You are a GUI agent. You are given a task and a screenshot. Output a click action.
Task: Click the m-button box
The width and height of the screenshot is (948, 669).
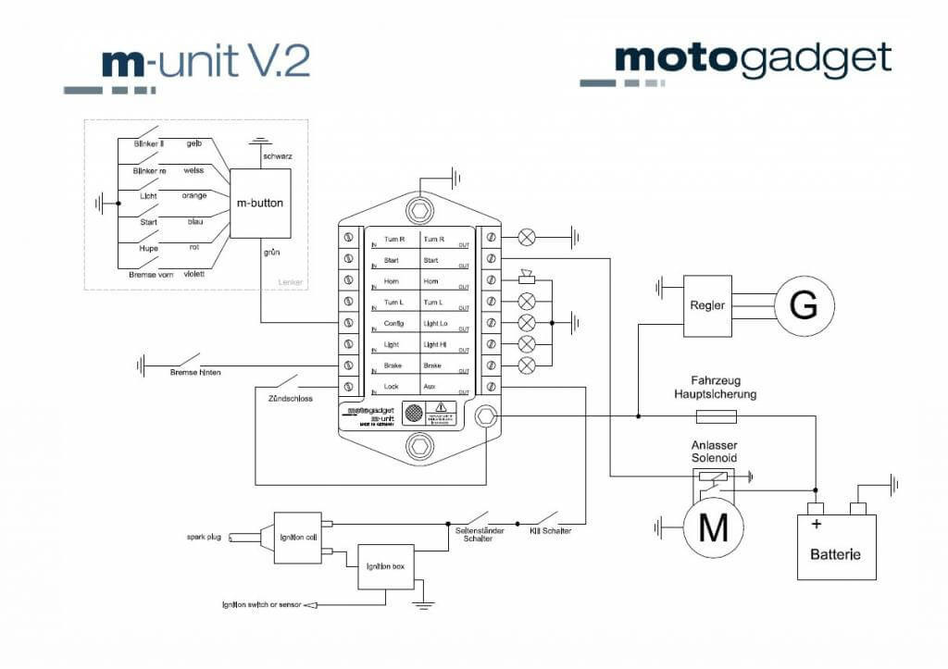point(260,203)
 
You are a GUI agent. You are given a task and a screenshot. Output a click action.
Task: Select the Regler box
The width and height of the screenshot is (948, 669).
point(706,305)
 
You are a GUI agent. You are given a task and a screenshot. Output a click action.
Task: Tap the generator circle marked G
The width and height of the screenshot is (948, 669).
point(804,305)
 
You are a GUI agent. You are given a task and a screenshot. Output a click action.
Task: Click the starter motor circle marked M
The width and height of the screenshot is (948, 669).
point(713,528)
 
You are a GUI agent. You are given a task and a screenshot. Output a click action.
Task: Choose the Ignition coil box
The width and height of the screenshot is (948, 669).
point(297,538)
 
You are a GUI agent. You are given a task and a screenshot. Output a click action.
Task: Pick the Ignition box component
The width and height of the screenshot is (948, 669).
point(386,566)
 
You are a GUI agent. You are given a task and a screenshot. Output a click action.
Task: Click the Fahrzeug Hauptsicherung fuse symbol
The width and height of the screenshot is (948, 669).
point(715,416)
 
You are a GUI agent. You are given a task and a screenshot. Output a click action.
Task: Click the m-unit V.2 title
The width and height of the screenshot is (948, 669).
point(205,62)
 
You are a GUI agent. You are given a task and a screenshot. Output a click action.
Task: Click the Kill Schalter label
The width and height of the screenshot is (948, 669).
point(550,531)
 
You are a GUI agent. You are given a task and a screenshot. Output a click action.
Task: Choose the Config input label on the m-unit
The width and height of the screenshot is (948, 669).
point(394,323)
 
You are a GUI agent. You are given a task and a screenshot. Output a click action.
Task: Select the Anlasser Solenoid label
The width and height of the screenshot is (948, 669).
point(714,452)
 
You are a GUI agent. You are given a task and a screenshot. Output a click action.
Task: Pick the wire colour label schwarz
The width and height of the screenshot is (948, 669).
point(278,156)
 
